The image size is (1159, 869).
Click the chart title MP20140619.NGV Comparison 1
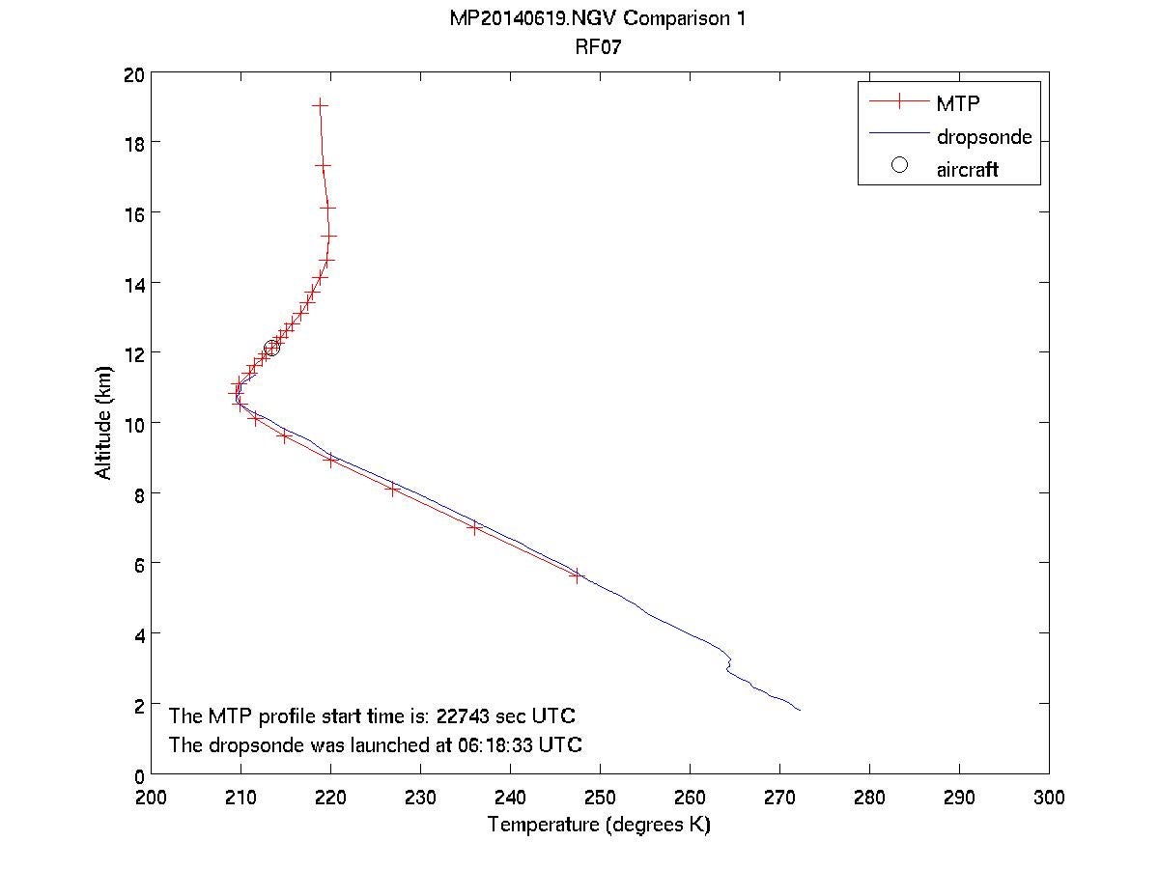coord(598,19)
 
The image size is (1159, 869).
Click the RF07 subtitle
coord(598,44)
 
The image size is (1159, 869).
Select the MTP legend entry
coord(957,102)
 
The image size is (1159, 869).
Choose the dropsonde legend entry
coord(984,137)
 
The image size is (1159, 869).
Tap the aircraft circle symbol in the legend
coord(899,166)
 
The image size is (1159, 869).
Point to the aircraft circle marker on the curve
coord(271,348)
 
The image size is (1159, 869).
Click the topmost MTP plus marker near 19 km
coord(321,104)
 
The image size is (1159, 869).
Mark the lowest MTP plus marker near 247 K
coord(577,575)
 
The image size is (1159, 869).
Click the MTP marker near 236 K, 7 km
coord(474,528)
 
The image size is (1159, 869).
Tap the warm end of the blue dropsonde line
coord(800,710)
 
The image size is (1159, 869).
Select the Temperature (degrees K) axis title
coord(599,825)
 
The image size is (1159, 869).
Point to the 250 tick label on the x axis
coord(600,798)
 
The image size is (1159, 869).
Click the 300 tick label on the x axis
coord(1049,798)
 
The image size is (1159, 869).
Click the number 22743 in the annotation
coord(466,716)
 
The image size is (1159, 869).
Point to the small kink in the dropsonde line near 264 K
coord(728,665)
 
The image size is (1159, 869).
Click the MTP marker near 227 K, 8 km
coord(392,490)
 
